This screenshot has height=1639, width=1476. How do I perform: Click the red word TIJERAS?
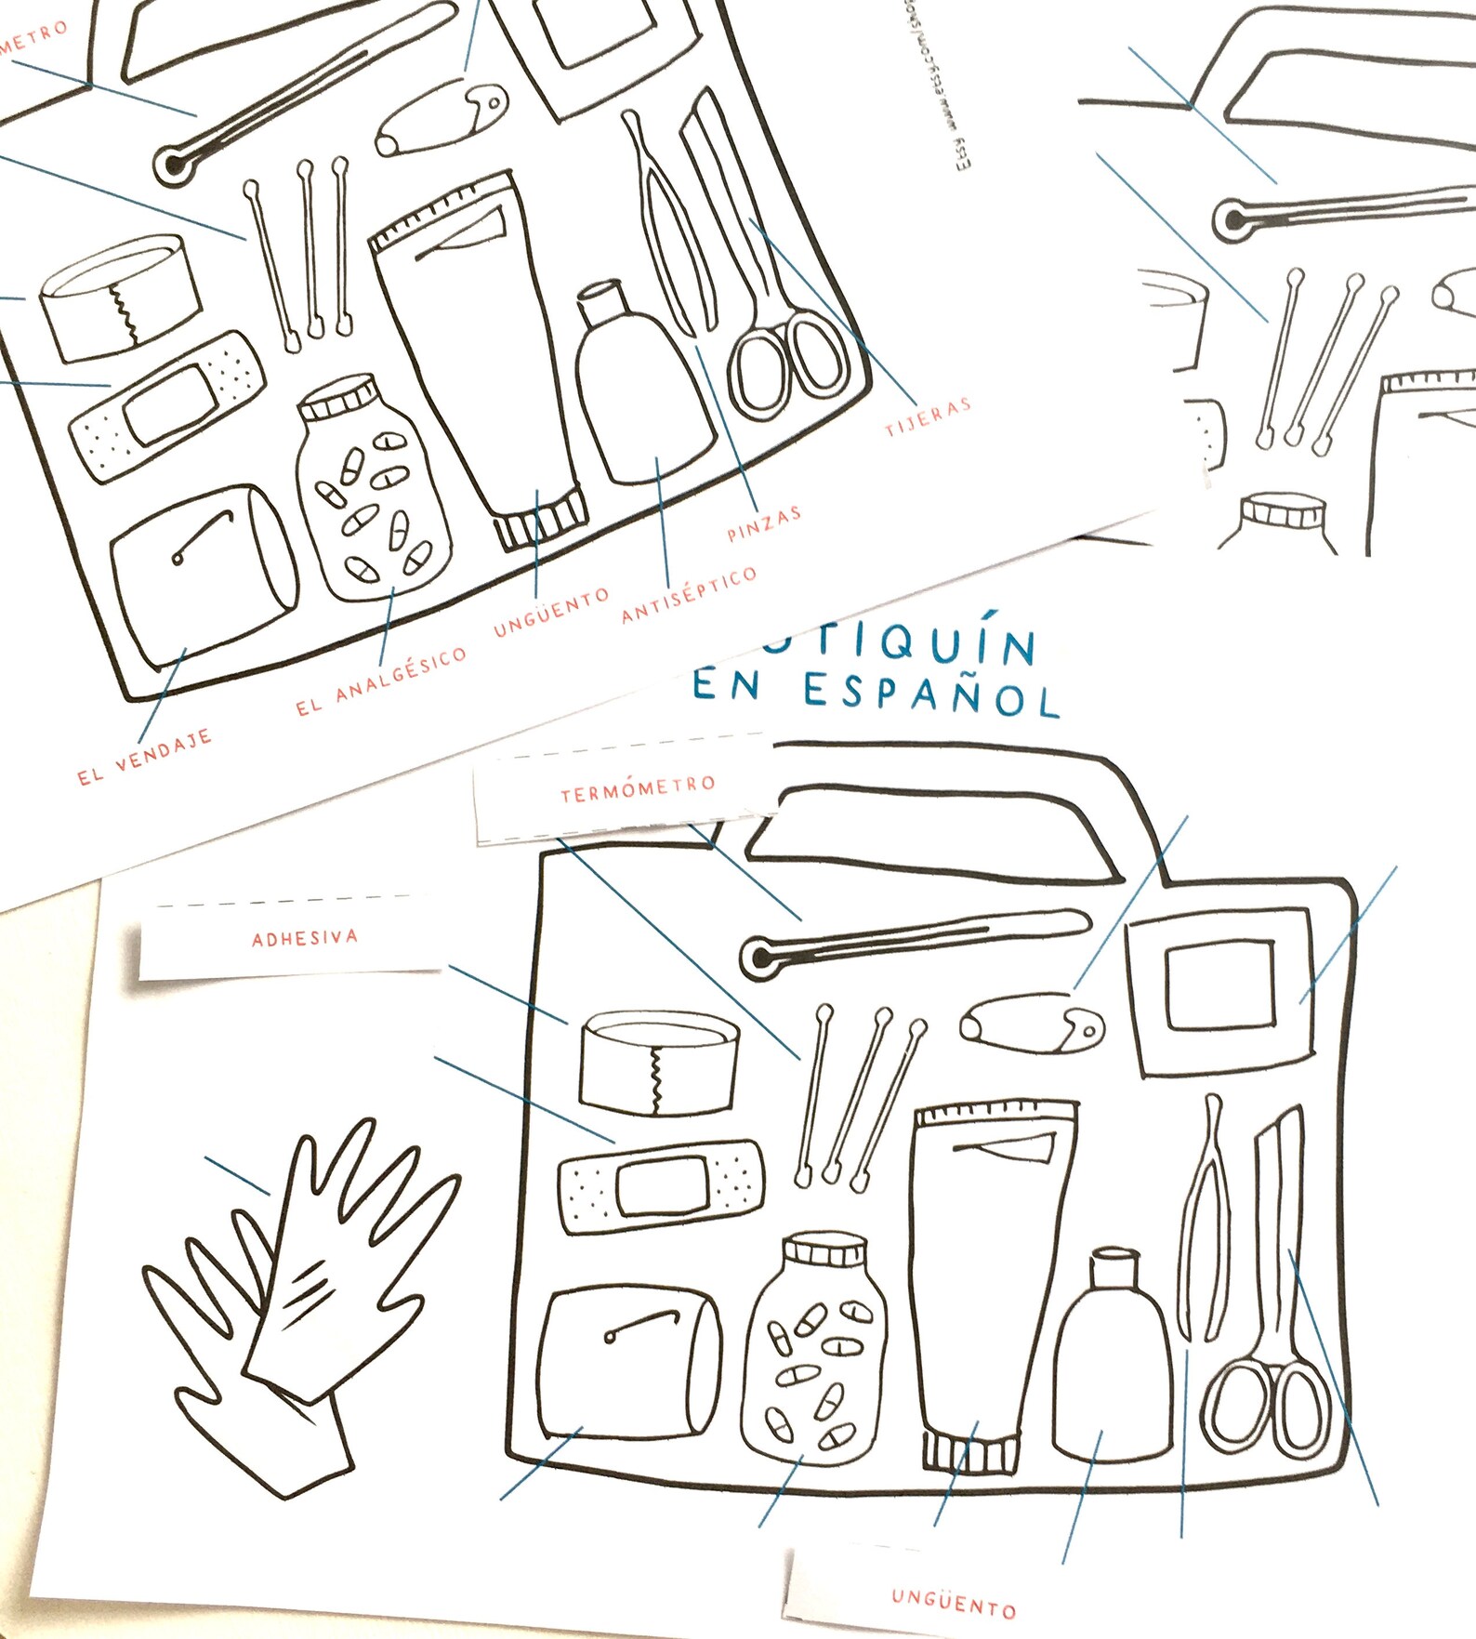pos(927,416)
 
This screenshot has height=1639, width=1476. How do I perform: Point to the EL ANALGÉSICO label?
pos(381,681)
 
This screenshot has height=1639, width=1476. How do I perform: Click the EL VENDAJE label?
pos(145,758)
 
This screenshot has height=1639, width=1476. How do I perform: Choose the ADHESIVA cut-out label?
pos(304,938)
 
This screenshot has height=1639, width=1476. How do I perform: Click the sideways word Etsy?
pos(963,153)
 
